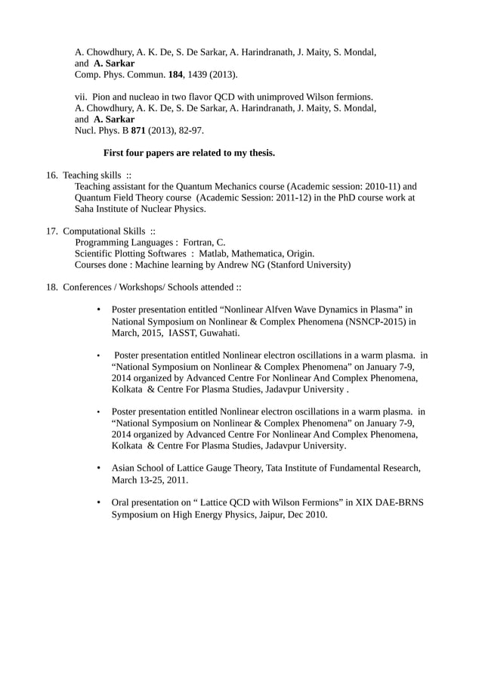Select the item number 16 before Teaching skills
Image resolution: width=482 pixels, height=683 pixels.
52,175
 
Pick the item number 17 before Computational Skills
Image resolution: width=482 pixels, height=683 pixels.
52,231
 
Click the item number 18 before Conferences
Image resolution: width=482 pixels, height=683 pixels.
52,287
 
